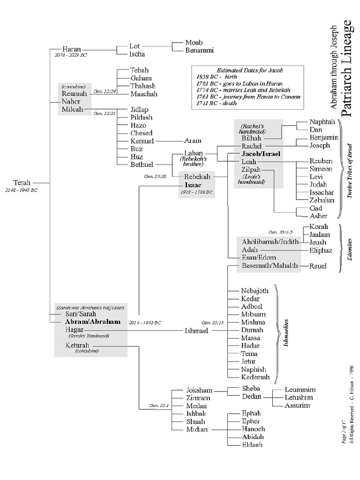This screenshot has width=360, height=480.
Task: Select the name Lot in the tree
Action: tap(135, 46)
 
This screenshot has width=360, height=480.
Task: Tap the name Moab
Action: tap(181, 43)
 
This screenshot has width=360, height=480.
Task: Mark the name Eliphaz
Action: tap(321, 250)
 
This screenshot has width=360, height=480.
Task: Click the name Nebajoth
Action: tap(255, 291)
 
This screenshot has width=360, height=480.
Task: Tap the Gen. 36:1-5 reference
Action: tap(281, 232)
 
